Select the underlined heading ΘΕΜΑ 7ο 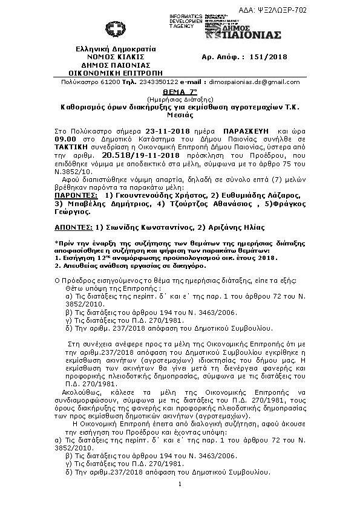(181, 90)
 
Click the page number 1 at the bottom (181, 484)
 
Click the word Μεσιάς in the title (180, 114)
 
